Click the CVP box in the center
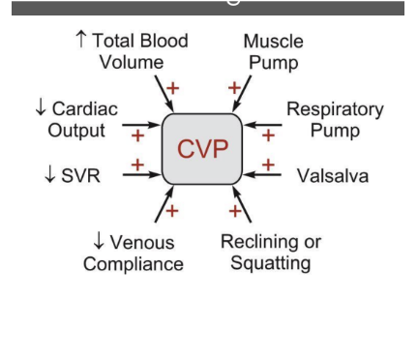click(201, 149)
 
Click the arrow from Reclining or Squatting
click(241, 208)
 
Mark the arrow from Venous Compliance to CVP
click(163, 208)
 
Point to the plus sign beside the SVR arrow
click(137, 165)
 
